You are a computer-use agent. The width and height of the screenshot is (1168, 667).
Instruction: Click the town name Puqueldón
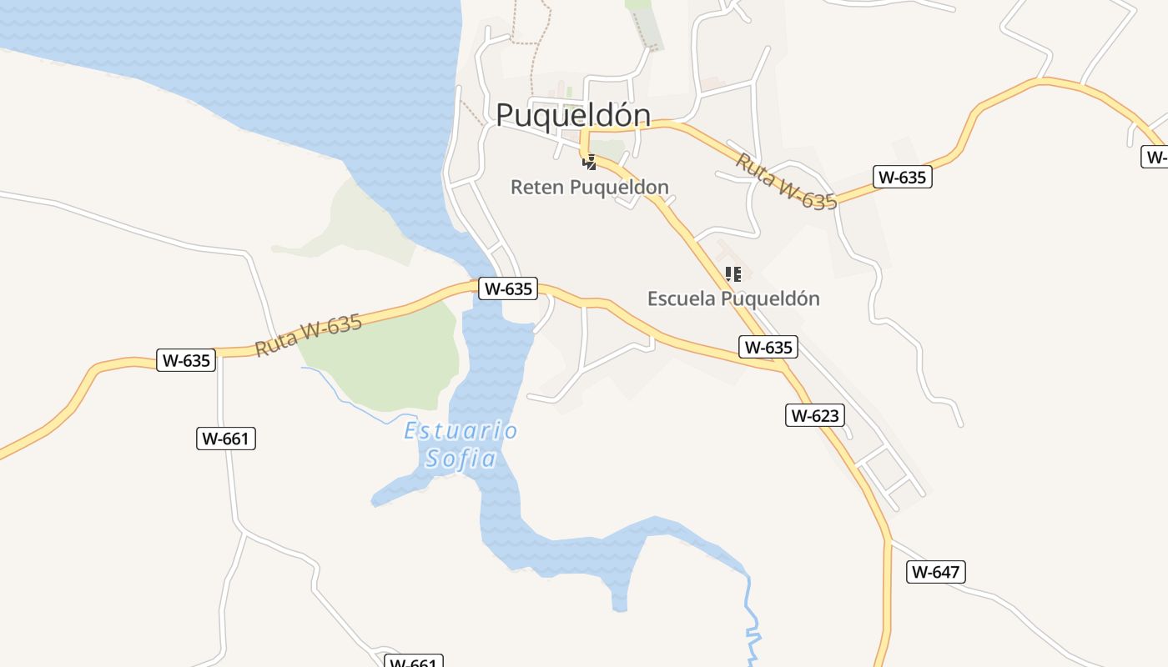pos(573,115)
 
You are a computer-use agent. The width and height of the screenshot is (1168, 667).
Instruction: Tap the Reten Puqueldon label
pos(589,187)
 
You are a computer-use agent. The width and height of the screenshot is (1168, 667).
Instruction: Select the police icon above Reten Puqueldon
pos(590,161)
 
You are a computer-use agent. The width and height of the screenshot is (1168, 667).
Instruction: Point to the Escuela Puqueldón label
pos(733,298)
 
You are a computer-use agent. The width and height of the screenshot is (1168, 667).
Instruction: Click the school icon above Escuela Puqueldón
pos(733,273)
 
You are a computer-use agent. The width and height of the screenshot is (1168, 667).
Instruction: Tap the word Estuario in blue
pos(461,431)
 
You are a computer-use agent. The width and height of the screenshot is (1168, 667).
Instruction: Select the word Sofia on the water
pos(461,459)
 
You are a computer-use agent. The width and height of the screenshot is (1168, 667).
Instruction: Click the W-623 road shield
pos(814,415)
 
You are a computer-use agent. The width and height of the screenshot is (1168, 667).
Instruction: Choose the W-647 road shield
pos(935,572)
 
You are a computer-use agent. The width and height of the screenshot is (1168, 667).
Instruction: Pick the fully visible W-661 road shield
pos(226,439)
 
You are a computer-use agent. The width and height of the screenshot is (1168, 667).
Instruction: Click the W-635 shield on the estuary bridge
pos(508,289)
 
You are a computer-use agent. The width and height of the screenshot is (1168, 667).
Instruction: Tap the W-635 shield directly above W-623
pos(768,347)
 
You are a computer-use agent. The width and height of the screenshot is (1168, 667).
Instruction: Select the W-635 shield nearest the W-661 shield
pos(186,361)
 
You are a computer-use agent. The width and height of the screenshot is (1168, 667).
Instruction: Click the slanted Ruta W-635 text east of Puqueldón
pos(785,182)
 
